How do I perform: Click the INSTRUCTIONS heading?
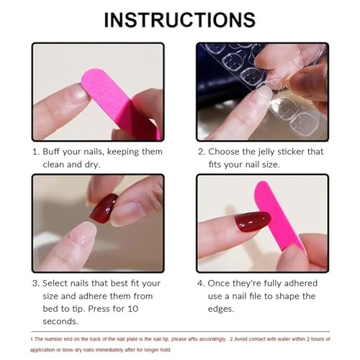point(179,19)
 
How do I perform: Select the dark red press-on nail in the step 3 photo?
point(104,208)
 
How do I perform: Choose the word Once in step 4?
point(222,283)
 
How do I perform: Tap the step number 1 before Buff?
point(35,152)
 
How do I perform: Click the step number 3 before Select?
point(35,283)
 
